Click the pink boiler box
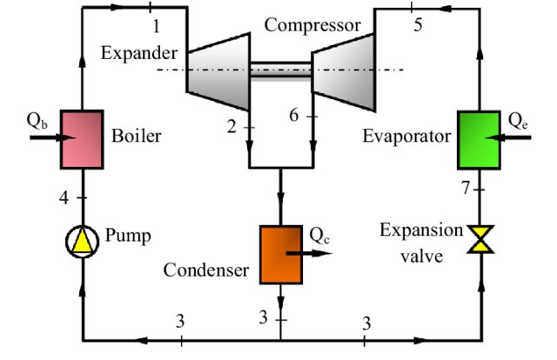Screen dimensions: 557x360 [82, 139]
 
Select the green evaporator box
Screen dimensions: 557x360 [480, 140]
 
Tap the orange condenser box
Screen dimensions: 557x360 [281, 255]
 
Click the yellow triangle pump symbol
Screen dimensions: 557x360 [83, 242]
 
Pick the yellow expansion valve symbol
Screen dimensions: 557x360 [480, 239]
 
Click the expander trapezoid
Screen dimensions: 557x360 [218, 71]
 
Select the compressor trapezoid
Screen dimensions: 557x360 [344, 72]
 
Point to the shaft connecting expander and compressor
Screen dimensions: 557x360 [281, 70]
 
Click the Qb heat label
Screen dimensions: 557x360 [37, 121]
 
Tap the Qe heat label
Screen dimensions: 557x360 [518, 121]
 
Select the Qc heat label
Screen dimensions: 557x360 [319, 235]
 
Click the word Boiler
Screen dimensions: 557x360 [137, 136]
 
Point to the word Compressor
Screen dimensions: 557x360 [312, 25]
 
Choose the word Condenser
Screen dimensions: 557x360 [206, 270]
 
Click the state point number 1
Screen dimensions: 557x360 [156, 26]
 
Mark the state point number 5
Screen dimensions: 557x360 [418, 25]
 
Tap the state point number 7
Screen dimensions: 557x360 [466, 188]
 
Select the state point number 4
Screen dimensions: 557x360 [64, 197]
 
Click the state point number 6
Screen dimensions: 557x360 [294, 115]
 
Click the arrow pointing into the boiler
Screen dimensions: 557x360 [52, 137]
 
